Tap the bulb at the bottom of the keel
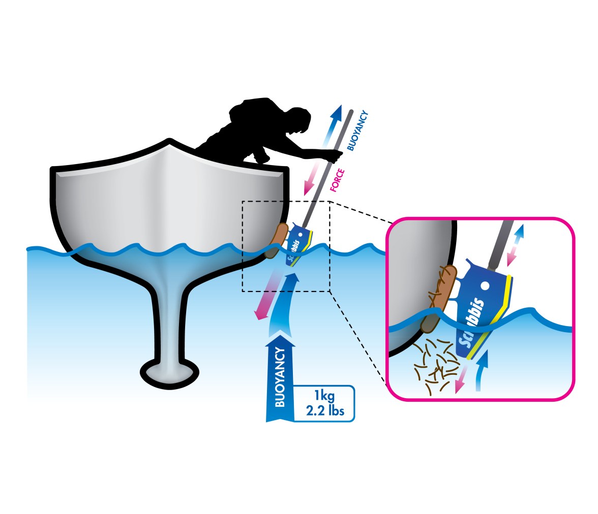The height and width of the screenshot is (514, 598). [170, 373]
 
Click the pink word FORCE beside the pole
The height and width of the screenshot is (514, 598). [337, 180]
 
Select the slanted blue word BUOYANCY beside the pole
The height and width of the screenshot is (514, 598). [357, 131]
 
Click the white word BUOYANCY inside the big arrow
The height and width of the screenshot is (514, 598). [280, 377]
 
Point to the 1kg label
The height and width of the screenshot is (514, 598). [324, 396]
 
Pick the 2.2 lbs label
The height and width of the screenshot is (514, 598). [325, 411]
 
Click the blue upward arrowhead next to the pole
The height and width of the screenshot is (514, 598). [337, 111]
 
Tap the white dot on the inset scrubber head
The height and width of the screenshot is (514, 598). [485, 285]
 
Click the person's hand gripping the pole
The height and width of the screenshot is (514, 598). [335, 156]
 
